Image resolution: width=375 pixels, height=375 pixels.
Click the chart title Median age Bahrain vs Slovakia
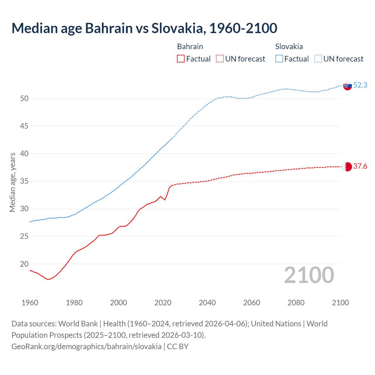(144, 28)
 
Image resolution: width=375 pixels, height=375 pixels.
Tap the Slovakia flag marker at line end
(347, 86)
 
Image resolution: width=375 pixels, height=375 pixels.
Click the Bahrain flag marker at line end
(347, 167)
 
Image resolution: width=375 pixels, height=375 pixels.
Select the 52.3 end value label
(360, 85)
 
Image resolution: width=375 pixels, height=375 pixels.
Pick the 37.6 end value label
(360, 166)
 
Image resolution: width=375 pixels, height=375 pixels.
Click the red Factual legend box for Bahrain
(181, 59)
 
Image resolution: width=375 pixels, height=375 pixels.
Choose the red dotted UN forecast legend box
(220, 59)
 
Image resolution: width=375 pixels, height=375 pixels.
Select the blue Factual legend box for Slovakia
(279, 59)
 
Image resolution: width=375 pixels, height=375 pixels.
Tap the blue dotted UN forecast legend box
(318, 59)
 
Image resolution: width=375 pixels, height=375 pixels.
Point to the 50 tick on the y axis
(24, 98)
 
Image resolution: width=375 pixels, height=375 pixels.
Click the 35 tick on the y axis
(24, 181)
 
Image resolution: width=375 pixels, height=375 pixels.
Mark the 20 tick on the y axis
(24, 264)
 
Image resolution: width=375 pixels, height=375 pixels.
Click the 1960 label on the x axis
(30, 303)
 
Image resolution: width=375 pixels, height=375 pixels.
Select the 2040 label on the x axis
(207, 303)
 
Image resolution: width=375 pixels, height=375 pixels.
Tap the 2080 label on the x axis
(296, 303)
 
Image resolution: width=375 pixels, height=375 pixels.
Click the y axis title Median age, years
(12, 182)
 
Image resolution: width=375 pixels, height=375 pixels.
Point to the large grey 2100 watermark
(309, 275)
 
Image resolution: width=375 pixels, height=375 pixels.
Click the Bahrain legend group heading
(190, 47)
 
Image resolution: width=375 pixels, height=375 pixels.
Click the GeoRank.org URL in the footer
(86, 346)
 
